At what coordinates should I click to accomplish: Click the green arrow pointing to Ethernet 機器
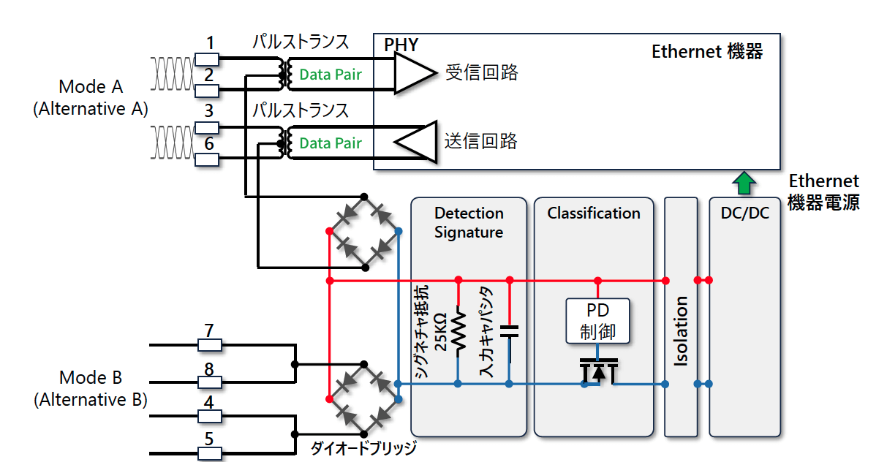coord(744,183)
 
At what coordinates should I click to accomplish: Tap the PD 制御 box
coord(597,321)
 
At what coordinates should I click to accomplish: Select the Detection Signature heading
coord(469,222)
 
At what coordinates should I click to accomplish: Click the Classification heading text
coord(594,213)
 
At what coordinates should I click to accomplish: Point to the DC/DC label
coord(745,213)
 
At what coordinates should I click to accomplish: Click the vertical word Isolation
coord(681,331)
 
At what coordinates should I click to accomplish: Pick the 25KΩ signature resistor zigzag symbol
coord(458,332)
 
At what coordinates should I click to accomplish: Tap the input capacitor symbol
coord(509,332)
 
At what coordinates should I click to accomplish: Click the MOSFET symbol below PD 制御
coord(598,371)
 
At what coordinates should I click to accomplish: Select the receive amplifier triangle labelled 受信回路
coord(415,73)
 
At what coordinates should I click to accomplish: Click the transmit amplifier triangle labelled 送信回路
coord(416,142)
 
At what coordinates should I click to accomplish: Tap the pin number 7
coord(209,330)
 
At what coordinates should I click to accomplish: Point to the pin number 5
coord(209,439)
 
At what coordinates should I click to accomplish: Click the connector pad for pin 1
coord(207,59)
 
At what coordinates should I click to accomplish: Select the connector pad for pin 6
coord(207,160)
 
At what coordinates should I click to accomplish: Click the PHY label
coord(401,45)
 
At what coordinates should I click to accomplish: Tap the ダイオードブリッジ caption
coord(363,448)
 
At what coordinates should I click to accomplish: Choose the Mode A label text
coord(91,87)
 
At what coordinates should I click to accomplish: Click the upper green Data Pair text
coord(331,75)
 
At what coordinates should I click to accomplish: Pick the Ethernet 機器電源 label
coord(823,192)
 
